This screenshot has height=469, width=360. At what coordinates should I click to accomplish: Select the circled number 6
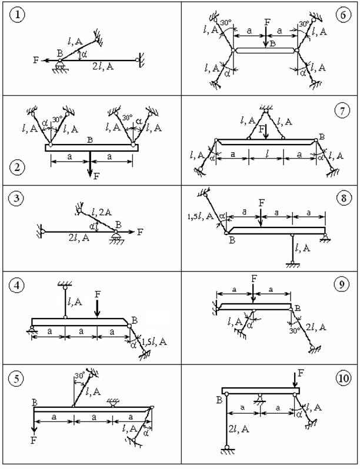coord(343,15)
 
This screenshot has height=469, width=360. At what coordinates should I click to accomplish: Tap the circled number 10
coord(343,378)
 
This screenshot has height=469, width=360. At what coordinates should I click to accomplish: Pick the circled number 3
coord(16,198)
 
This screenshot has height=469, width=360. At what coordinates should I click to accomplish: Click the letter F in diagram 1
coord(36,60)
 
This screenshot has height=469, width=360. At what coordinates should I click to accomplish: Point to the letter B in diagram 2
coord(89,140)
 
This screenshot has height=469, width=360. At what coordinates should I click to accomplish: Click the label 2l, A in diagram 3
coord(79,238)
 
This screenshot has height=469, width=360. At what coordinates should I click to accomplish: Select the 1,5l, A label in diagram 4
coord(155,341)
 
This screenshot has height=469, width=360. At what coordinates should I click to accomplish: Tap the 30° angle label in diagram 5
coord(80,376)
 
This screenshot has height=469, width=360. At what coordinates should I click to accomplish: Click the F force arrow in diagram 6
coord(266,37)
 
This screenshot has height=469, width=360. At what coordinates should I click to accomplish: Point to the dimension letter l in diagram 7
coord(266,154)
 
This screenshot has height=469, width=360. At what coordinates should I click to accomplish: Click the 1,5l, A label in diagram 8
coord(200,216)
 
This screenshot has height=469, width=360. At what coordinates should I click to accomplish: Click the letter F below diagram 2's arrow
coord(96,176)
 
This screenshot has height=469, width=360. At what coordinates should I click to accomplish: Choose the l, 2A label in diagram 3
coord(102,212)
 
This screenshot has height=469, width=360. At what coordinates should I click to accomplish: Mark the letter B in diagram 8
coord(232,240)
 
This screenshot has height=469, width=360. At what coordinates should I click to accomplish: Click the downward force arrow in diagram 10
coord(295,380)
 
